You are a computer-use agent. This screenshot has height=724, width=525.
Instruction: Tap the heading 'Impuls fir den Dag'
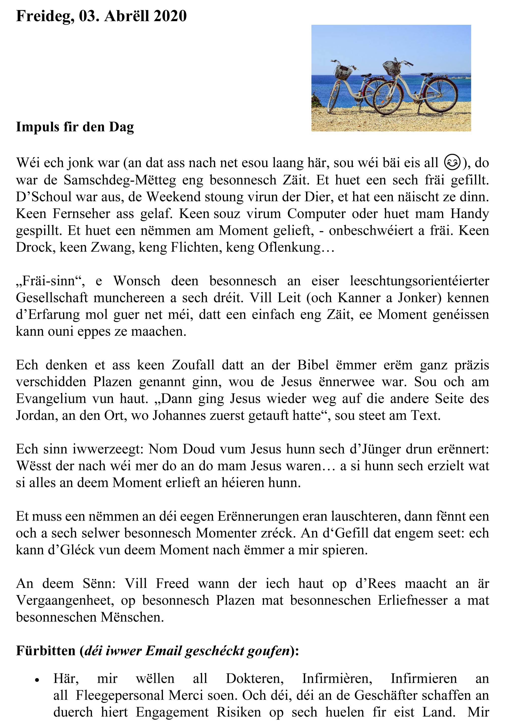[x=75, y=127]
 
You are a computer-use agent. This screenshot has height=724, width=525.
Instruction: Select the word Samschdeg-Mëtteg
[x=120, y=180]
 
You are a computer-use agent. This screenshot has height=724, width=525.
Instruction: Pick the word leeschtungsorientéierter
[x=419, y=281]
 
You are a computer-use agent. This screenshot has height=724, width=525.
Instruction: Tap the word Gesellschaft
[x=52, y=298]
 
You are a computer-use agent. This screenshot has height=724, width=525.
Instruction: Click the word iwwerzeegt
[x=109, y=449]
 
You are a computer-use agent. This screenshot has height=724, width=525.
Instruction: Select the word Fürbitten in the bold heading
[x=46, y=651]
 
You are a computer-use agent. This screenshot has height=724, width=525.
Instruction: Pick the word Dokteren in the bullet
[x=255, y=679]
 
